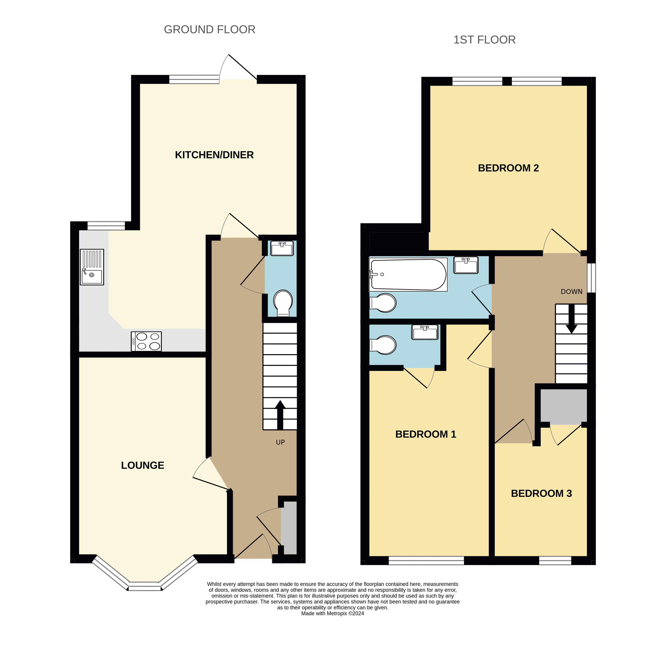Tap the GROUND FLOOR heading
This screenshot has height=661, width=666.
(x=210, y=30)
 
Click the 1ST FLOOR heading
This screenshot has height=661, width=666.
(x=484, y=40)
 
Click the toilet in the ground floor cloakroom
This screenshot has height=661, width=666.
(x=283, y=303)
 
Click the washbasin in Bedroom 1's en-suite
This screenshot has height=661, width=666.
(x=425, y=332)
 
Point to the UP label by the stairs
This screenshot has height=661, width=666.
(x=280, y=442)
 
